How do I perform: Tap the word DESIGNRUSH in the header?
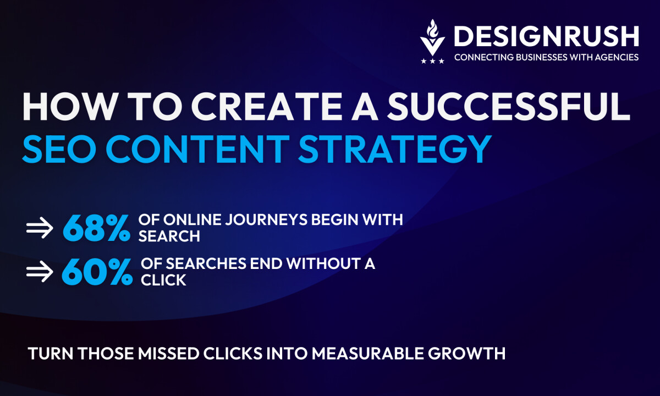pyautogui.click(x=547, y=36)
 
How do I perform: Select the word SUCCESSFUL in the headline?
pyautogui.click(x=509, y=106)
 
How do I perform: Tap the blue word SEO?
pyautogui.click(x=59, y=149)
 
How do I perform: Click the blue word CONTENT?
pyautogui.click(x=197, y=149)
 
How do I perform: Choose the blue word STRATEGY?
pyautogui.click(x=395, y=149)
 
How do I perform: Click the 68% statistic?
pyautogui.click(x=96, y=228)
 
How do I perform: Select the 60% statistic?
pyautogui.click(x=97, y=272)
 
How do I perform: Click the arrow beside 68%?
pyautogui.click(x=40, y=228)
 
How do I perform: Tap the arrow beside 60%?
pyautogui.click(x=40, y=271)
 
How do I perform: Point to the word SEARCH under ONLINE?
pyautogui.click(x=169, y=237)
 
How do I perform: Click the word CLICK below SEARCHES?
pyautogui.click(x=163, y=280)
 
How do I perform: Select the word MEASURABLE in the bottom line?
pyautogui.click(x=368, y=353)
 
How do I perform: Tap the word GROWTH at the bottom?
pyautogui.click(x=467, y=353)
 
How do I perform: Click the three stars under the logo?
pyautogui.click(x=432, y=61)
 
